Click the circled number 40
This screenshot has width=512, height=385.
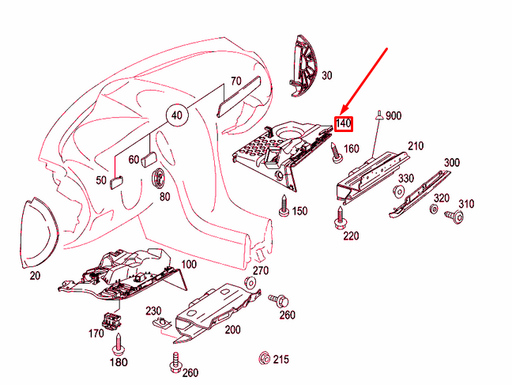tap(177, 115)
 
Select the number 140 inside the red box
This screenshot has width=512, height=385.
tap(344, 124)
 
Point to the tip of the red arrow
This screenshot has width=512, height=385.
tap(341, 115)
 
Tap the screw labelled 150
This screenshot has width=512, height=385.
tap(284, 206)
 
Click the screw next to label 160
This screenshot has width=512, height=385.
tap(337, 153)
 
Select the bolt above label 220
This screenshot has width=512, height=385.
tap(341, 217)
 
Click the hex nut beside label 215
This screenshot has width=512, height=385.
tap(264, 358)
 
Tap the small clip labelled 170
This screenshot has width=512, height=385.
tap(111, 320)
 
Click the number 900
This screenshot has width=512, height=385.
tap(393, 115)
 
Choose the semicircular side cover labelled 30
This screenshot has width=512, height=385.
tap(303, 66)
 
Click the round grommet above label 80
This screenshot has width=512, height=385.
tap(159, 179)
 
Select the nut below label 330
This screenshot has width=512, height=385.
tap(397, 191)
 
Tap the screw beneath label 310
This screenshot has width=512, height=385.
tap(454, 217)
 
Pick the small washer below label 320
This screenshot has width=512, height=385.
tap(434, 209)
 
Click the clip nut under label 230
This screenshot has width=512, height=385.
tap(162, 323)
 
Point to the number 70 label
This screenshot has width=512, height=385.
tap(235, 81)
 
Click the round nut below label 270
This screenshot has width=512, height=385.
tap(250, 282)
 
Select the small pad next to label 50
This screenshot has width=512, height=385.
tap(117, 182)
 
